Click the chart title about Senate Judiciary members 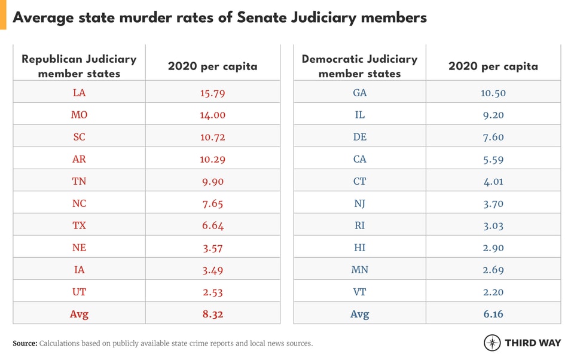[219, 17]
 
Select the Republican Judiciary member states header [79, 66]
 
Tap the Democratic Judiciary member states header [359, 66]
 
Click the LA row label [79, 93]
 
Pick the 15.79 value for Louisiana [212, 93]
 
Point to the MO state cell [79, 115]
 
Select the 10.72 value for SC [212, 137]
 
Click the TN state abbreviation [79, 181]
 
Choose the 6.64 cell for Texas [212, 225]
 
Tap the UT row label [79, 292]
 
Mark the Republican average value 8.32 [212, 314]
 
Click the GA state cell [359, 93]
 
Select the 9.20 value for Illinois [493, 115]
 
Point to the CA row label [359, 159]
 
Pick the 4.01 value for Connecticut [493, 181]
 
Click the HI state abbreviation [359, 248]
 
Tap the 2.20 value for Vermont [493, 292]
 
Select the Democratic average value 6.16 [493, 314]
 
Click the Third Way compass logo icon [492, 343]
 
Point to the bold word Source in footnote [25, 343]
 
